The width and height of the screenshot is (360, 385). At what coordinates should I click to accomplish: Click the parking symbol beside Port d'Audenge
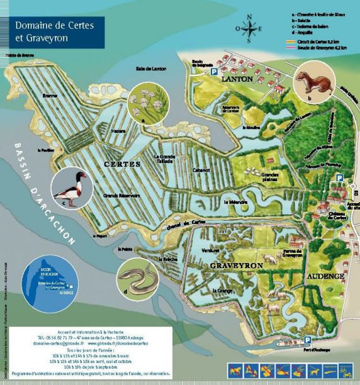307,340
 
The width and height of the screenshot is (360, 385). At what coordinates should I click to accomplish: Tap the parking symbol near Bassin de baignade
205,72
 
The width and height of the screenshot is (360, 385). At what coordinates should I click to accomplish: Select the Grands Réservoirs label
121,196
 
